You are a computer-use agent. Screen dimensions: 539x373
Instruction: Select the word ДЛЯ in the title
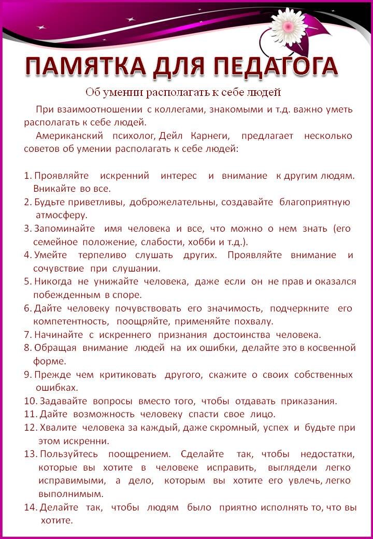click(x=178, y=66)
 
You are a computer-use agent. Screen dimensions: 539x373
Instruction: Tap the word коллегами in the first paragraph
click(x=178, y=109)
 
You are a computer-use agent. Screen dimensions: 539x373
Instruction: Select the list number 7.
click(x=27, y=334)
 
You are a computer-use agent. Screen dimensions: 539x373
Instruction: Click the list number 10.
click(x=30, y=401)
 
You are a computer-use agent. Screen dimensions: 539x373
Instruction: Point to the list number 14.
click(x=30, y=507)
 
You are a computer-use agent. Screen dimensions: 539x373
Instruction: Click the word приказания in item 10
click(x=309, y=401)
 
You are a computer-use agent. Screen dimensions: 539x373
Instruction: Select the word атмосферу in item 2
click(x=61, y=215)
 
